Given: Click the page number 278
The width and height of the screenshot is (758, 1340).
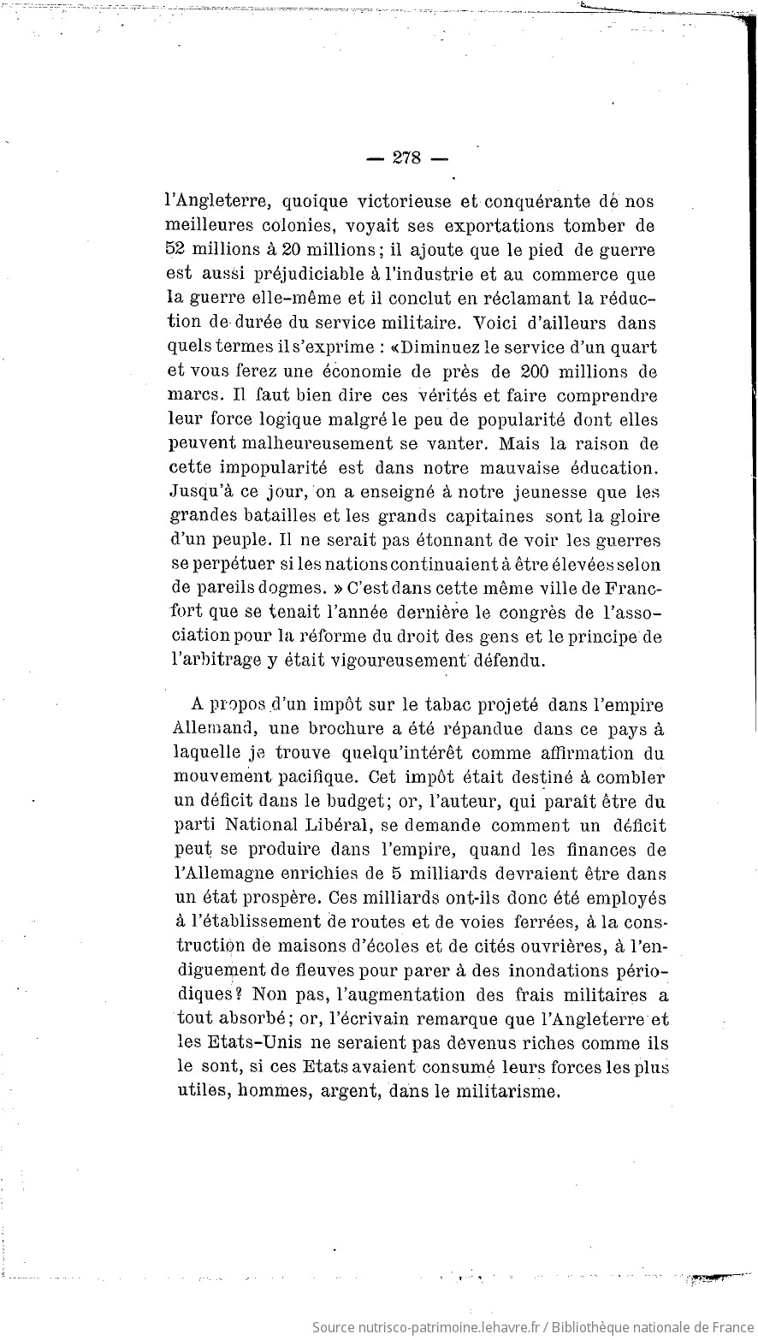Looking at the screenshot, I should point(406,158).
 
